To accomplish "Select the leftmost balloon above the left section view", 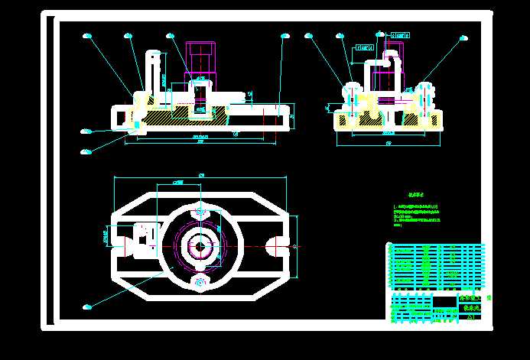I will coord(86,35).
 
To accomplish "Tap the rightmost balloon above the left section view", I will coord(286,35).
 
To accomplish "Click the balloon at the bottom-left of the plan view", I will coord(86,307).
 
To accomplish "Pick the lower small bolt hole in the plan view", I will coord(200,283).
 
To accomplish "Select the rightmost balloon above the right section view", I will coord(463,35).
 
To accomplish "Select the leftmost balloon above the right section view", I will coord(309,35).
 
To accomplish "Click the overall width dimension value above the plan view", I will coord(201,175).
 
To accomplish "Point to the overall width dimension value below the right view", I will coord(388,143).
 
